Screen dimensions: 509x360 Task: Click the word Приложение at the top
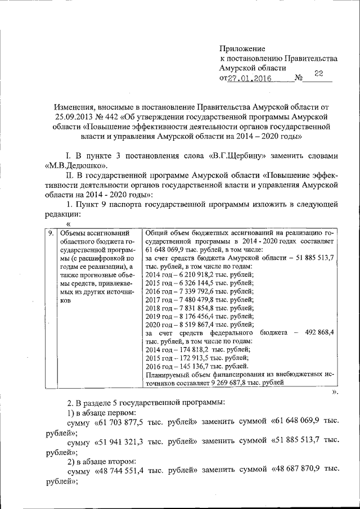click(242, 49)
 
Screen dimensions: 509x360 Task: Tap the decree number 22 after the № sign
click(318, 74)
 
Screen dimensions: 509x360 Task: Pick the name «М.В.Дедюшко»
click(78, 166)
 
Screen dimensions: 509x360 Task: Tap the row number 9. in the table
click(50, 232)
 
